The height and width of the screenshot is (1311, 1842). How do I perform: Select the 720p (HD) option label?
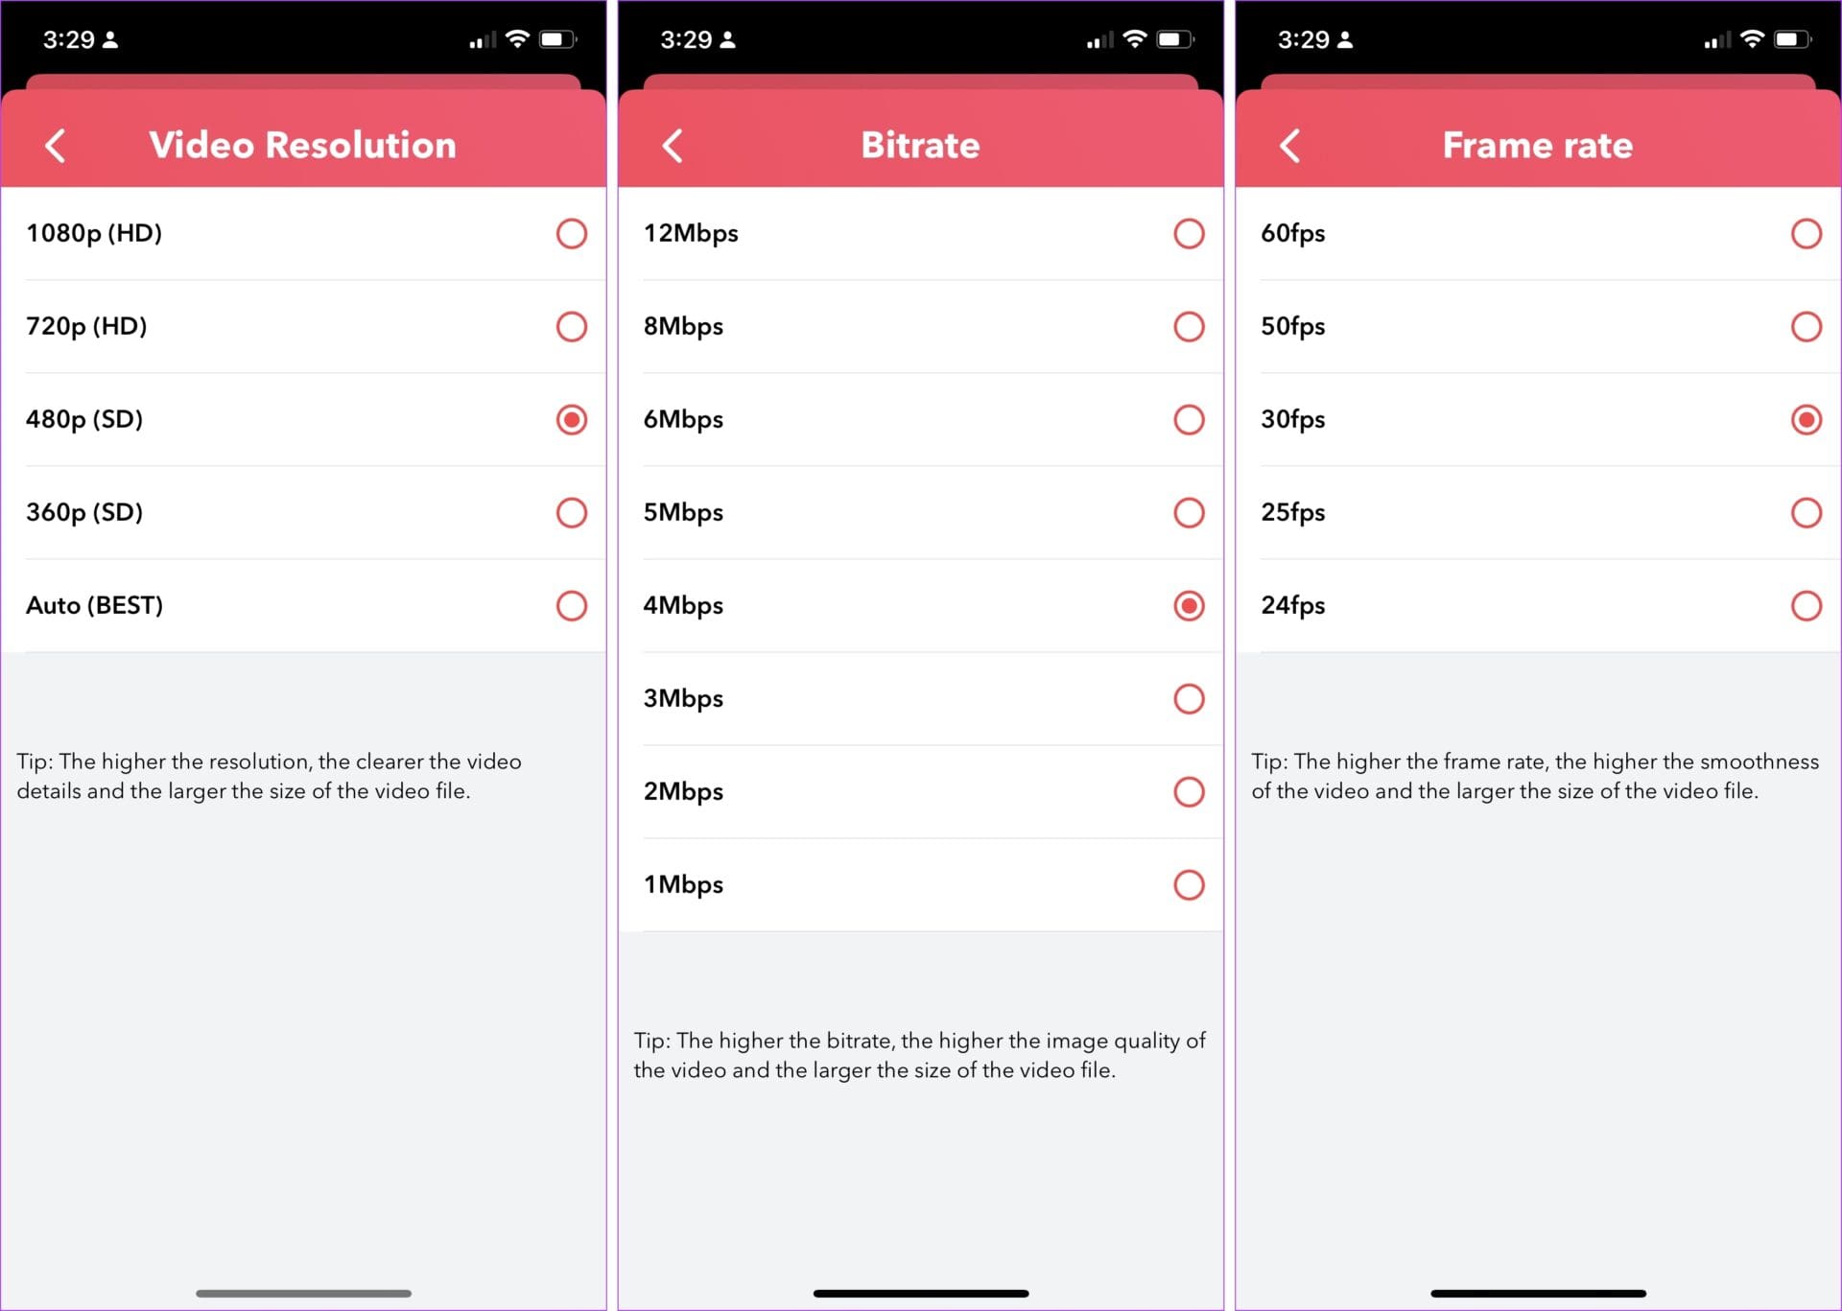pos(86,326)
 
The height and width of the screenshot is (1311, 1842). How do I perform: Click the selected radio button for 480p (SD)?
pos(571,419)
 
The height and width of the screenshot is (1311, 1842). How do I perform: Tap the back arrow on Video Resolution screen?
pos(56,146)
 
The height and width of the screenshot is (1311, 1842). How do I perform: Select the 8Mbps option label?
pos(683,326)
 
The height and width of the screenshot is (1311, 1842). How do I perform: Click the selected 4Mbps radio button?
pos(1189,605)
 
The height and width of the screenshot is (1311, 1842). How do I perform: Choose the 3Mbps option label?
pos(683,698)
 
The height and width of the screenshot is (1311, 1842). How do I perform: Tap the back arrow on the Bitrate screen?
pos(673,146)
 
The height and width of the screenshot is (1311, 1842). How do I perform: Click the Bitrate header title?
pos(920,145)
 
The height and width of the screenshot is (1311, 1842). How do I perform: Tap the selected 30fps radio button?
pos(1806,419)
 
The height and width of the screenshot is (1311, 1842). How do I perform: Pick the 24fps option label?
pos(1292,605)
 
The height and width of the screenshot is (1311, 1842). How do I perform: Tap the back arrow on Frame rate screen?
pos(1290,146)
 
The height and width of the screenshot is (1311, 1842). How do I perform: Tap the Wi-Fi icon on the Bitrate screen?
pos(1134,38)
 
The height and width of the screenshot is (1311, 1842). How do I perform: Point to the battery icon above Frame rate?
pos(1791,39)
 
